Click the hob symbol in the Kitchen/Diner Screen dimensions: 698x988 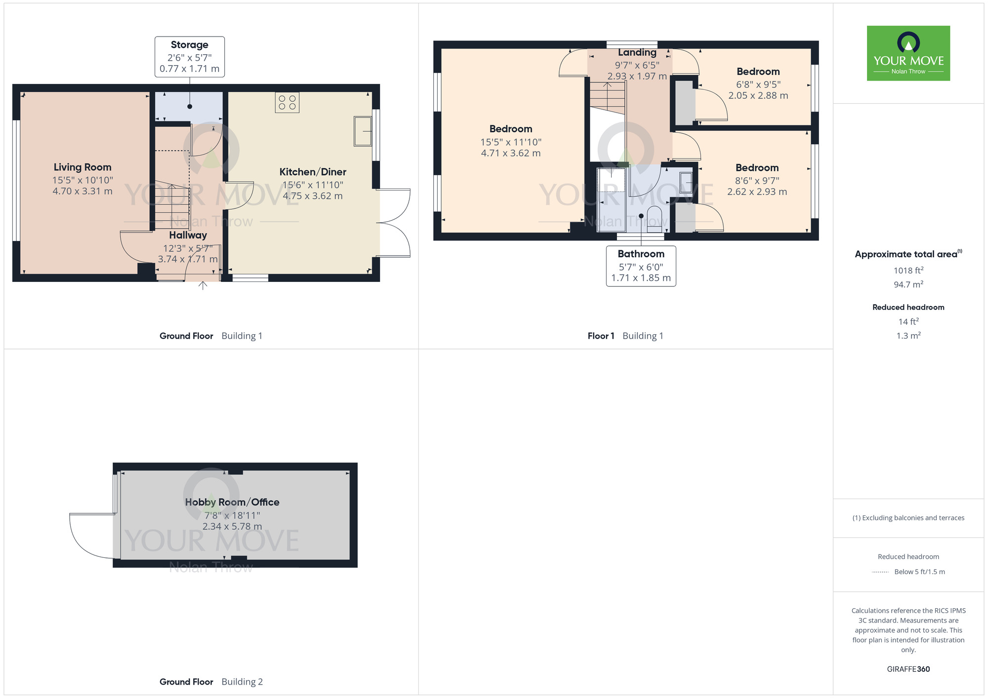pyautogui.click(x=287, y=103)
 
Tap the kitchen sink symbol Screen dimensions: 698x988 pyautogui.click(x=363, y=131)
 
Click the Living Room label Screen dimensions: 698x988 pyautogui.click(x=82, y=167)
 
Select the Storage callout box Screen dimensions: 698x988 pyautogui.click(x=190, y=57)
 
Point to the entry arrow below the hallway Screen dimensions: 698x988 pyautogui.click(x=203, y=285)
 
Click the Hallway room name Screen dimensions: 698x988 pyautogui.click(x=188, y=235)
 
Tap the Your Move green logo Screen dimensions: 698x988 pyautogui.click(x=908, y=53)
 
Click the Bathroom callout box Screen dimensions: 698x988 pyautogui.click(x=641, y=266)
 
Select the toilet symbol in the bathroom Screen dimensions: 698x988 pyautogui.click(x=654, y=219)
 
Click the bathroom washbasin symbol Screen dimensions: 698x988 pyautogui.click(x=686, y=182)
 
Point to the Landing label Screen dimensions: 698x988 pyautogui.click(x=637, y=52)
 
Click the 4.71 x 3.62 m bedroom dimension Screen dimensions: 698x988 pyautogui.click(x=511, y=153)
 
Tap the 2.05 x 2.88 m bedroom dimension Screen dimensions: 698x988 pyautogui.click(x=758, y=95)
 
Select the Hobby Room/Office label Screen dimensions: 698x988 pyautogui.click(x=232, y=502)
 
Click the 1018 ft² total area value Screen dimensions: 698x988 pyautogui.click(x=908, y=270)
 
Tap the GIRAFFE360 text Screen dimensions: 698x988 pyautogui.click(x=908, y=669)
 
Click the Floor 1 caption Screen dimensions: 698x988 pyautogui.click(x=601, y=336)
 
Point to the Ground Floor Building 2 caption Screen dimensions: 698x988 pyautogui.click(x=211, y=682)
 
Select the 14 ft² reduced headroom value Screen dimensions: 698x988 pyautogui.click(x=908, y=321)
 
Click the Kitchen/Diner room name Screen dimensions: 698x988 pyautogui.click(x=313, y=172)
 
